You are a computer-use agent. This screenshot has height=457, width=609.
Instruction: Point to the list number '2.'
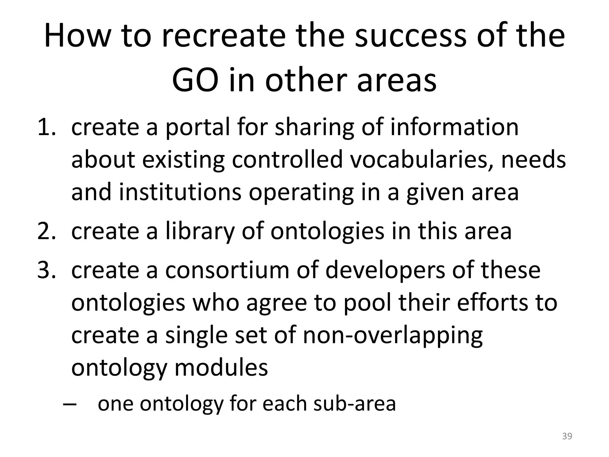[47, 231]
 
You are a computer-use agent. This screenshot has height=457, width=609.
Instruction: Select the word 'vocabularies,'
[422, 160]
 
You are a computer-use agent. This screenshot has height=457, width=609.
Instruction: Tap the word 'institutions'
[180, 192]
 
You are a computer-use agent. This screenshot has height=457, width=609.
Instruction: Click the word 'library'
[200, 231]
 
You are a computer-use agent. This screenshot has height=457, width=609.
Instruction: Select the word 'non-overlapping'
[393, 335]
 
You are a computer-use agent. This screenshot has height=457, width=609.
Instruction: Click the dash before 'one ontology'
[70, 404]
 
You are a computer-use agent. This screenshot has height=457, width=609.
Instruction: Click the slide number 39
[567, 436]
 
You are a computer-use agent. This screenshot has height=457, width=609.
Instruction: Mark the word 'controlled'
[287, 160]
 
